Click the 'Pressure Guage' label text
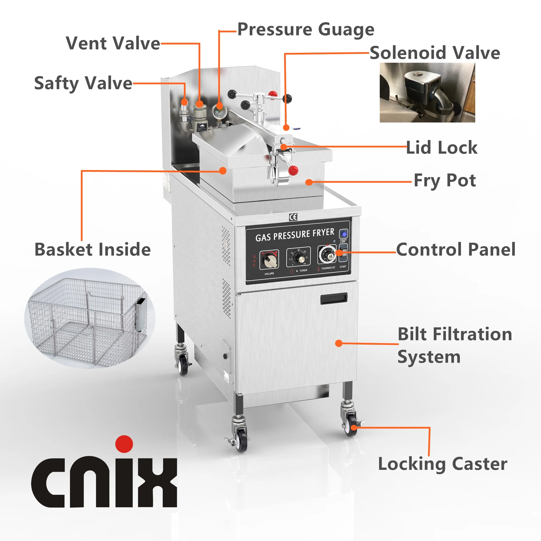[306, 30]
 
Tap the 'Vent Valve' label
[113, 43]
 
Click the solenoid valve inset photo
[427, 92]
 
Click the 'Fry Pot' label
[445, 181]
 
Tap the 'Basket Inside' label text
[93, 250]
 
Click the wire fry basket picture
[90, 319]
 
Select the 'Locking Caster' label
[443, 464]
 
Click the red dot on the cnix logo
[124, 444]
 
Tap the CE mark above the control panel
[293, 217]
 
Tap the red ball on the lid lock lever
[293, 170]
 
